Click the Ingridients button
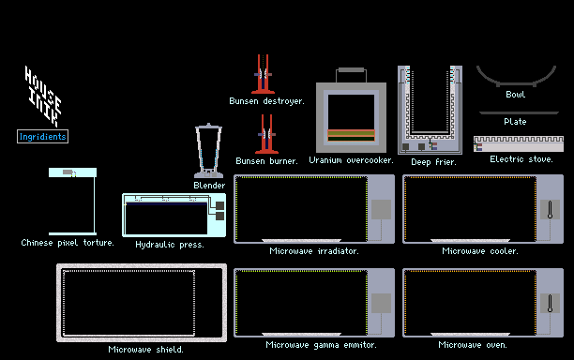[42, 137]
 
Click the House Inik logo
[43, 97]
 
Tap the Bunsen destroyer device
[263, 74]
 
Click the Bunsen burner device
[267, 134]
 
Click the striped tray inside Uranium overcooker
[351, 135]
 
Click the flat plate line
[519, 113]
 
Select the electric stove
[519, 143]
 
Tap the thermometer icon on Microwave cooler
[550, 210]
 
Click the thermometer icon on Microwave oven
[550, 304]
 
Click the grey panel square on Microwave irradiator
[381, 210]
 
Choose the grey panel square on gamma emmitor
[381, 304]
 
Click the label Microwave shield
[145, 350]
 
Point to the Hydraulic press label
[170, 245]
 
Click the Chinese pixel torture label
[68, 243]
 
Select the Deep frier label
[434, 162]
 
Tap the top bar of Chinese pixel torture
[72, 172]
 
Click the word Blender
[209, 186]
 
